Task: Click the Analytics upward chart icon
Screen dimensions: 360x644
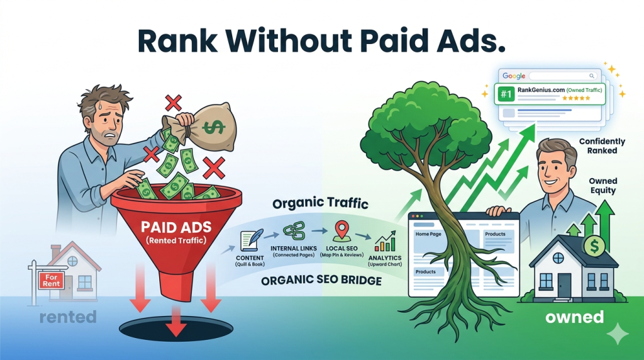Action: click(x=385, y=242)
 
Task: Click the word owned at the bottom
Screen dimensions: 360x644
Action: click(x=575, y=317)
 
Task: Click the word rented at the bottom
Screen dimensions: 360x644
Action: click(x=68, y=317)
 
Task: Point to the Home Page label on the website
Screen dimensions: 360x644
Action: click(x=431, y=234)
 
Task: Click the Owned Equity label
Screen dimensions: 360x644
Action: click(x=602, y=186)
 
